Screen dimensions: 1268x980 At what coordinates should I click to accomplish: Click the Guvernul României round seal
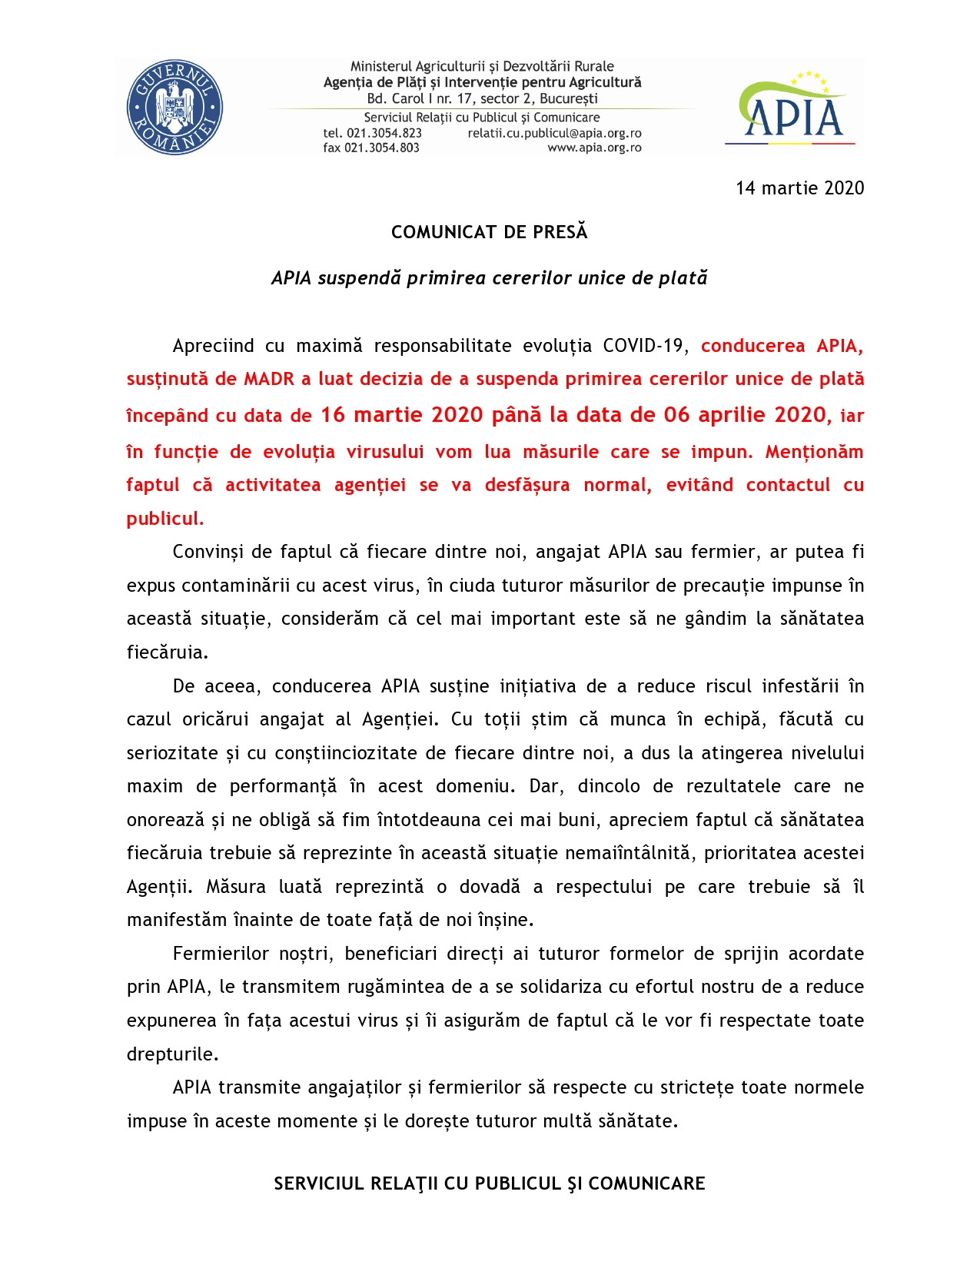click(174, 108)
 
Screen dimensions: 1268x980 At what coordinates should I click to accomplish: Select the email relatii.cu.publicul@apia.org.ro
click(554, 133)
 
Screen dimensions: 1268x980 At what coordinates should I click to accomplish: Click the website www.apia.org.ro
click(594, 148)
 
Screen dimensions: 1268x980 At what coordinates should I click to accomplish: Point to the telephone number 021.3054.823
click(384, 133)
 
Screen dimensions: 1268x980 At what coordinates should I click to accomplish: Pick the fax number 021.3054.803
click(382, 148)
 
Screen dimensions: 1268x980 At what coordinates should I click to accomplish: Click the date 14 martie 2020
click(799, 188)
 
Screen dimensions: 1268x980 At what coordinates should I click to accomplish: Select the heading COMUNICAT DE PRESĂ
click(489, 232)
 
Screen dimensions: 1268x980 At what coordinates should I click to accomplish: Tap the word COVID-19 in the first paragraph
click(643, 346)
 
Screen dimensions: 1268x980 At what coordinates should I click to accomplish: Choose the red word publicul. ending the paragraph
click(165, 519)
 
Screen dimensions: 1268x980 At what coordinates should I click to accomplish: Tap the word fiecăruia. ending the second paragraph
click(168, 652)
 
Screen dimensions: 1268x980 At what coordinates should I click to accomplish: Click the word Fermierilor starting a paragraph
click(217, 954)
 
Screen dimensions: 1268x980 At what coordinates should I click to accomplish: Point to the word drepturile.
click(172, 1054)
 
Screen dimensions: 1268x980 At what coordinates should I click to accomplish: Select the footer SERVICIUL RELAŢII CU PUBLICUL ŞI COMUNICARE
click(490, 1183)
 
